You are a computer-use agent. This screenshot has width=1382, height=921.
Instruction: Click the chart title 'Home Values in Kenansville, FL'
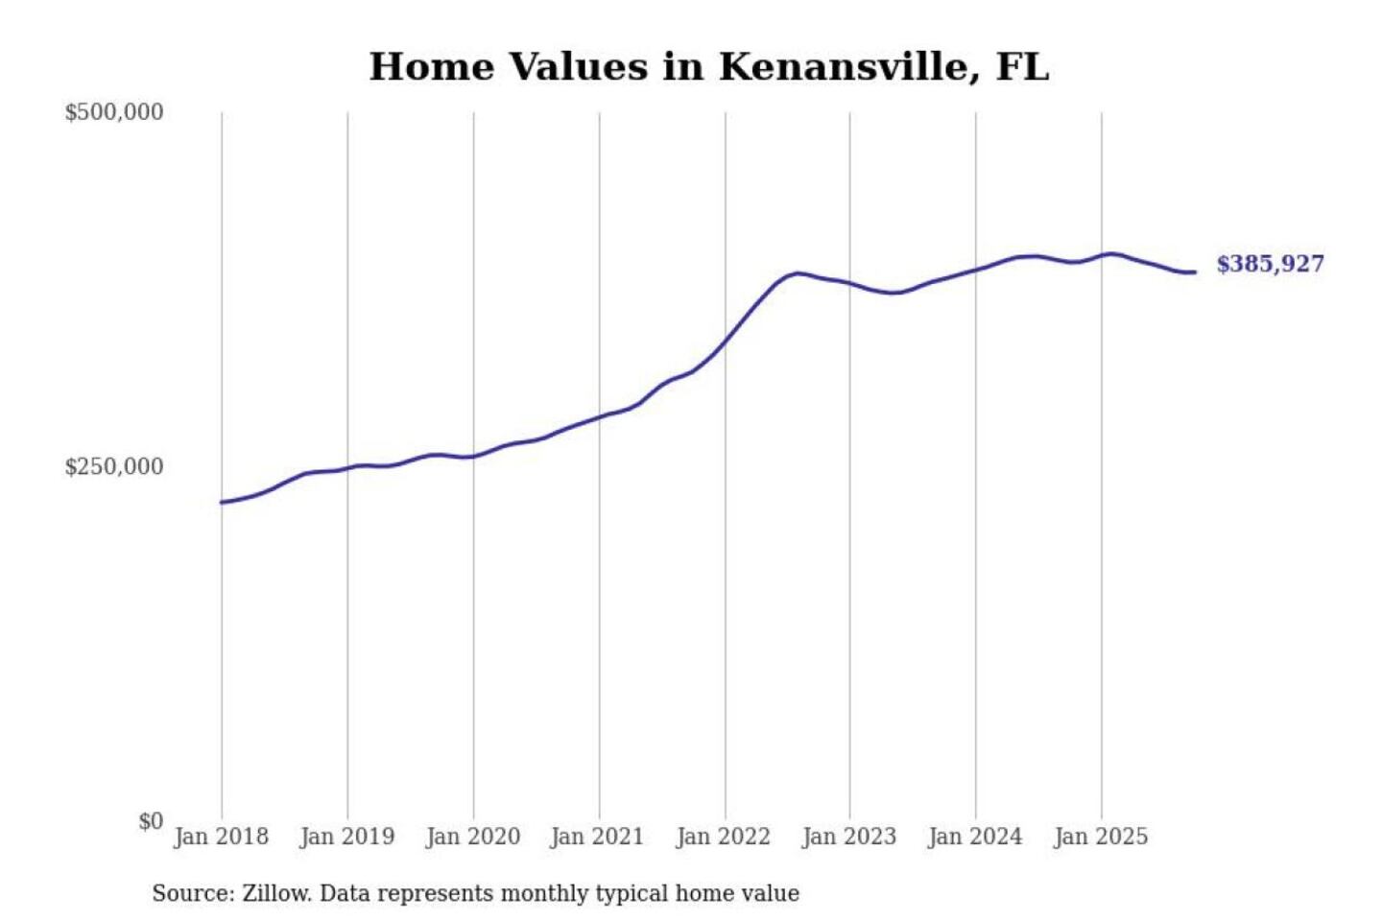click(709, 67)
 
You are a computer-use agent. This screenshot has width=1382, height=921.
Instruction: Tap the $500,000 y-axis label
click(114, 112)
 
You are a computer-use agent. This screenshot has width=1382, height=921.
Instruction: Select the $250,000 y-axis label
click(114, 466)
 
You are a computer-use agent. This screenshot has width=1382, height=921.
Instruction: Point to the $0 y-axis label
click(151, 821)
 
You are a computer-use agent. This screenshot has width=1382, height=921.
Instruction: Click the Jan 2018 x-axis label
click(221, 837)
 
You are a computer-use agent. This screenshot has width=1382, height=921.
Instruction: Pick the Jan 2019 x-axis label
click(346, 837)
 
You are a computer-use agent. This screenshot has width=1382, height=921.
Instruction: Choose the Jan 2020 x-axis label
click(472, 837)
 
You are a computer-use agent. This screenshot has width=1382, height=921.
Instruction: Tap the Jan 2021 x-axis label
click(597, 837)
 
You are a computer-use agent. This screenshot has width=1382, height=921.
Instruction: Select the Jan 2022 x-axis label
click(723, 837)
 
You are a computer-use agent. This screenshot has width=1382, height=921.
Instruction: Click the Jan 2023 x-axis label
click(848, 837)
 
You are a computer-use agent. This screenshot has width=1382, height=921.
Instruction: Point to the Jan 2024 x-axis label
click(974, 837)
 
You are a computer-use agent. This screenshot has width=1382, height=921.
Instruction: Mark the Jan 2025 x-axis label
click(1100, 837)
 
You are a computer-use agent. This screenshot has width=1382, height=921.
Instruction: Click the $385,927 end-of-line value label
click(1270, 264)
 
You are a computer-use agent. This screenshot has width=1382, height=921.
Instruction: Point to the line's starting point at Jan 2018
click(222, 502)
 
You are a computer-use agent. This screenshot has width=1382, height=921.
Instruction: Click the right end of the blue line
click(1194, 272)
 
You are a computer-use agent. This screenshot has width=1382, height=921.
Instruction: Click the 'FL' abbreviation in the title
click(1022, 67)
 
